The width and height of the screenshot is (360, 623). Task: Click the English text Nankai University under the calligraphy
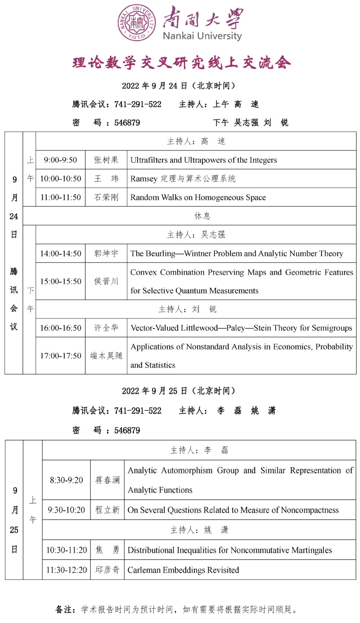coord(202,36)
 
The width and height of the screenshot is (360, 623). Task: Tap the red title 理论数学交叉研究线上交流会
coord(182,63)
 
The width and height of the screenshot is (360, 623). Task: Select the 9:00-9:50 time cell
coord(60,160)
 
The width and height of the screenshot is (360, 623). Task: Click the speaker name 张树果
coord(106,160)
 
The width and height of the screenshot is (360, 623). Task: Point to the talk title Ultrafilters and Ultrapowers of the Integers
coord(204,160)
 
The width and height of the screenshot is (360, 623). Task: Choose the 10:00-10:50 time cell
coord(60,178)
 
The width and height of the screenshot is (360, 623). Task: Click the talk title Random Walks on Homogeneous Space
coord(198,197)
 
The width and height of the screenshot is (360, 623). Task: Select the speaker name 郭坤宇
coord(106,254)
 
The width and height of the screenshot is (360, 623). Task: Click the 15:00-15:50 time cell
coord(60,281)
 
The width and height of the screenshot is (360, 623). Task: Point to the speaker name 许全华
coord(106,328)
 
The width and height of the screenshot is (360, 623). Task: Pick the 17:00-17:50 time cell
coord(60,356)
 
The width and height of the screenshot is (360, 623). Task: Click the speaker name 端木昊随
coord(106,356)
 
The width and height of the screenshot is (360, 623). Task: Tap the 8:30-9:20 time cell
coord(66,480)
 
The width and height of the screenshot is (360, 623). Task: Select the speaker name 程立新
coord(107,510)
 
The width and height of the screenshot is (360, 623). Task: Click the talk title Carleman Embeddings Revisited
coord(183,570)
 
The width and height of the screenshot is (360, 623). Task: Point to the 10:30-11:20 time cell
coord(66,550)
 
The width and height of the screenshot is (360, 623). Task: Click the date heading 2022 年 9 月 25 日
coord(178,391)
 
